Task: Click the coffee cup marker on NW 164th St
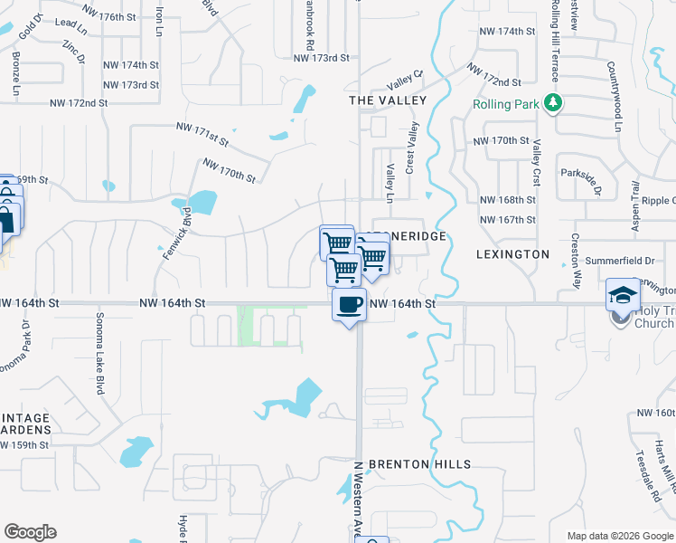tap(349, 305)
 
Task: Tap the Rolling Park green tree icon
tap(553, 104)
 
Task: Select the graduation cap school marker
tap(621, 295)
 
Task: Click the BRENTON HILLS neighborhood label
tap(419, 464)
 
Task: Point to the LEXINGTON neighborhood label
tap(512, 255)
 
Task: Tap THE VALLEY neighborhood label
tap(387, 100)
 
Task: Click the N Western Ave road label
tap(357, 497)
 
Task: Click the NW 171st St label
tap(202, 137)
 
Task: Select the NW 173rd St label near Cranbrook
tap(321, 58)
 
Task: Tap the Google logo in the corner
tap(30, 532)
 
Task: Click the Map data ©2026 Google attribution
tap(620, 536)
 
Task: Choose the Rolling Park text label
tap(505, 104)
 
